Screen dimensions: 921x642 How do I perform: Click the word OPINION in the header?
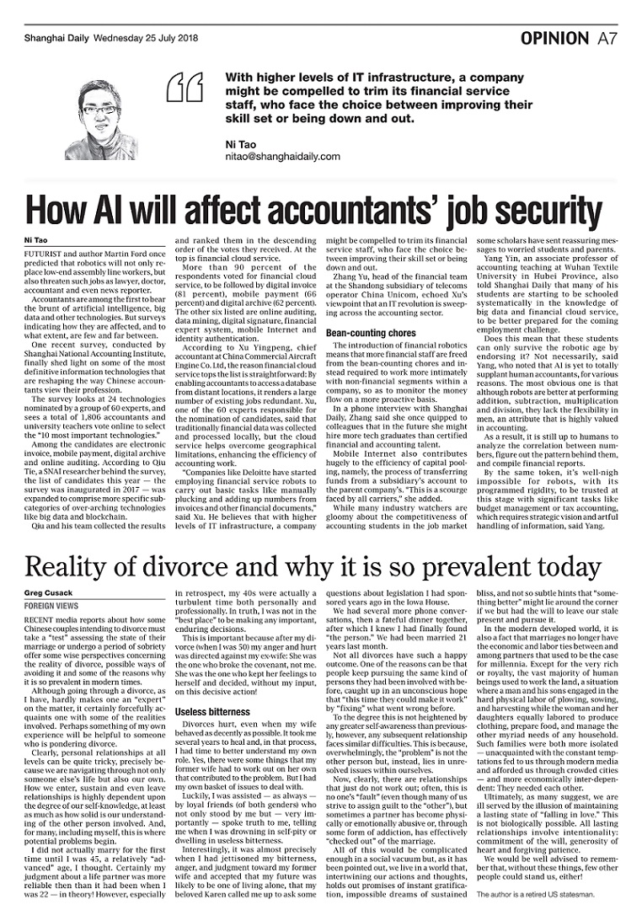[554, 38]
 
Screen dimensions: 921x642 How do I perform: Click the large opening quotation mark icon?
[185, 87]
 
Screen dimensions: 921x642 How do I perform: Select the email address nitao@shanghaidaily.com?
[282, 157]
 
